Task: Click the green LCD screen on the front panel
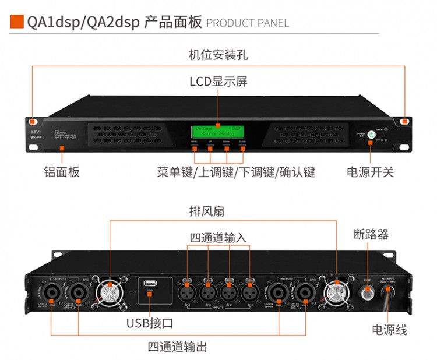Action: click(218, 132)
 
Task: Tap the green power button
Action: click(371, 133)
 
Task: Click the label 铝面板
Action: click(62, 172)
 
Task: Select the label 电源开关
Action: click(371, 172)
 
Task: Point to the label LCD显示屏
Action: click(218, 82)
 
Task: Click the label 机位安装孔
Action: click(218, 55)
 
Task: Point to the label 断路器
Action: click(371, 235)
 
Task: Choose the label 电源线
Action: click(389, 330)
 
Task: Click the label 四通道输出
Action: click(177, 347)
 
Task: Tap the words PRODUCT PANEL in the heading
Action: click(248, 23)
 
